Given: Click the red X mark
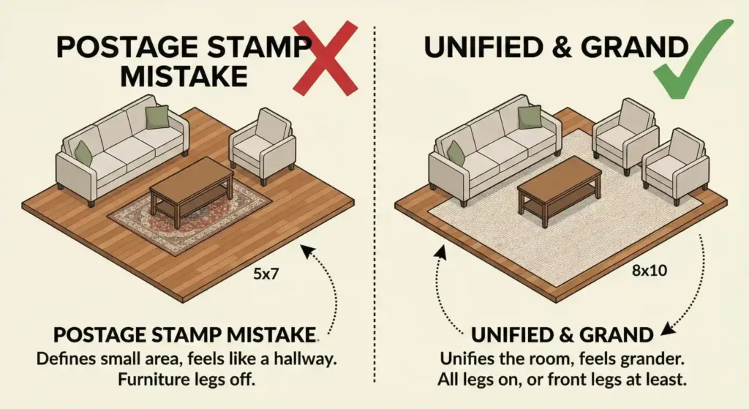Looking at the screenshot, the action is pos(325,57).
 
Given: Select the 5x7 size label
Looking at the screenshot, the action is pos(266,274).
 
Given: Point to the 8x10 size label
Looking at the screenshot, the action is pos(650,271).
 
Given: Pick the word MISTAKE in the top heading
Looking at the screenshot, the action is pos(184,76).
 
